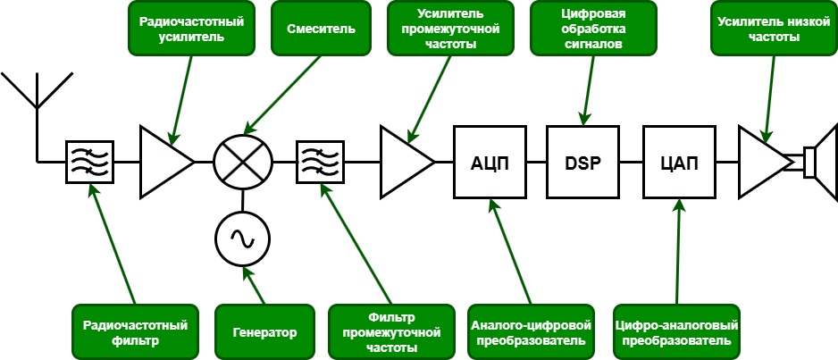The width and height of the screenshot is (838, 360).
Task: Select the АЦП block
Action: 489,163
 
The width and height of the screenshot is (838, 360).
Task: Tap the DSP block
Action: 583,163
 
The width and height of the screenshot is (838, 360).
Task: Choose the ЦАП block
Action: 678,163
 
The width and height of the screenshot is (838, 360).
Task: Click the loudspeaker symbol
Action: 817,163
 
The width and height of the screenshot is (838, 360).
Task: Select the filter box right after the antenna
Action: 89,163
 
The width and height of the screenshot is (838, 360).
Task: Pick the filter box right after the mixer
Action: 319,163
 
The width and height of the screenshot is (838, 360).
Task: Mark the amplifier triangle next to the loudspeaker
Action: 761,163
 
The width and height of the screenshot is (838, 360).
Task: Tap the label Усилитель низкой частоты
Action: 770,29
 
